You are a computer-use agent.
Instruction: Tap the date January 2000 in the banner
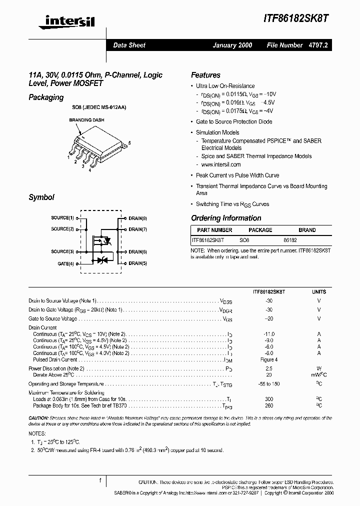(232, 45)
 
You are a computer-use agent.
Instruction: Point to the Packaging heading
(46, 97)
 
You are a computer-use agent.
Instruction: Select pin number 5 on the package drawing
(129, 143)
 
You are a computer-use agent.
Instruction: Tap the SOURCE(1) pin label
(62, 218)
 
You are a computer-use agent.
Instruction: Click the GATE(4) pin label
(65, 263)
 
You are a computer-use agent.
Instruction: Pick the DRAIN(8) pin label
(137, 218)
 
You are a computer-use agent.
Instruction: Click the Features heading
(205, 75)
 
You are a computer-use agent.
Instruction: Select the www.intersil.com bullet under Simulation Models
(220, 164)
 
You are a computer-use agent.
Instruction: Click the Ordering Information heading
(226, 218)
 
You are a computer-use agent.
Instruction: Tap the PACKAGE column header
(260, 230)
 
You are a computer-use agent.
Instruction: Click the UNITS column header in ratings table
(318, 291)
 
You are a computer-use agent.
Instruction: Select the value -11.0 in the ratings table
(269, 333)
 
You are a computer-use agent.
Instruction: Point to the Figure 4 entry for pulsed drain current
(269, 359)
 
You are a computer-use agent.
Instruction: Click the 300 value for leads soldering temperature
(269, 399)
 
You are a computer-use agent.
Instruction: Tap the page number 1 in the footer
(100, 480)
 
